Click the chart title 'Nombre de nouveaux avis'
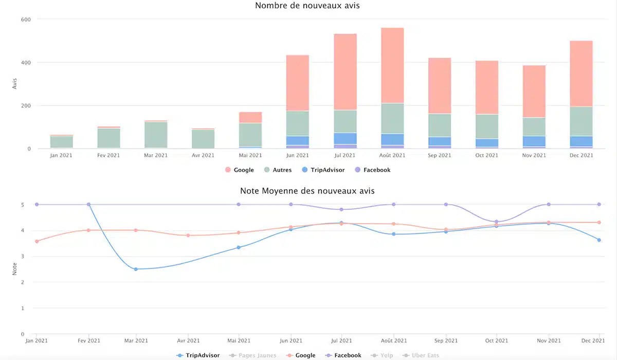[307, 6]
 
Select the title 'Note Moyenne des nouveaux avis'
[307, 191]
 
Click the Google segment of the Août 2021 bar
[392, 65]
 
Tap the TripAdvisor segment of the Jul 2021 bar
[345, 138]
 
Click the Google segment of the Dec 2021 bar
[581, 74]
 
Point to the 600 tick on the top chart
[26, 20]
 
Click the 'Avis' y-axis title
[14, 84]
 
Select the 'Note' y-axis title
[14, 269]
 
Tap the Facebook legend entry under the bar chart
[372, 170]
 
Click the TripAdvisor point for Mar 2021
[136, 269]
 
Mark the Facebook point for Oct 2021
[496, 222]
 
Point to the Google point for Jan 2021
[37, 241]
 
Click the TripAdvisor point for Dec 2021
[599, 240]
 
